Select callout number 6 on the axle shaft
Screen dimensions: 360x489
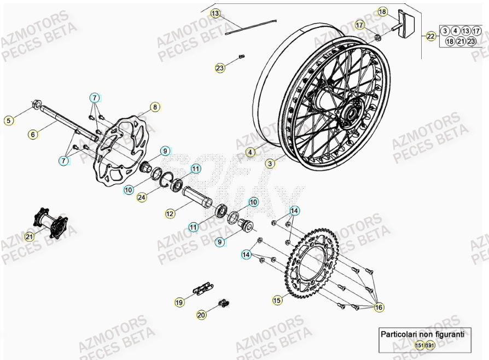tap(32, 133)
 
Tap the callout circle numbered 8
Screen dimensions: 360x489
tap(155, 107)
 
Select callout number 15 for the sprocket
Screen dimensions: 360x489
tap(277, 300)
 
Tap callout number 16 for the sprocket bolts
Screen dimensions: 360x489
tap(379, 308)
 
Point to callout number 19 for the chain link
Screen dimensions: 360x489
tap(179, 301)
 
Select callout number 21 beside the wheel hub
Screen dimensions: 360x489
tap(30, 236)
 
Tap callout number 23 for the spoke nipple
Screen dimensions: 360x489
tap(220, 68)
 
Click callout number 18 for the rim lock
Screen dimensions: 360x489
tap(382, 11)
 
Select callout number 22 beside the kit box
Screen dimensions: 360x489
tap(431, 36)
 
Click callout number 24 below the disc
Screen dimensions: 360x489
tap(142, 198)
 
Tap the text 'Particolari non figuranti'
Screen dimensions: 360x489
tap(423, 334)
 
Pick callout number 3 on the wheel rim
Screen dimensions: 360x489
tap(270, 163)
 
